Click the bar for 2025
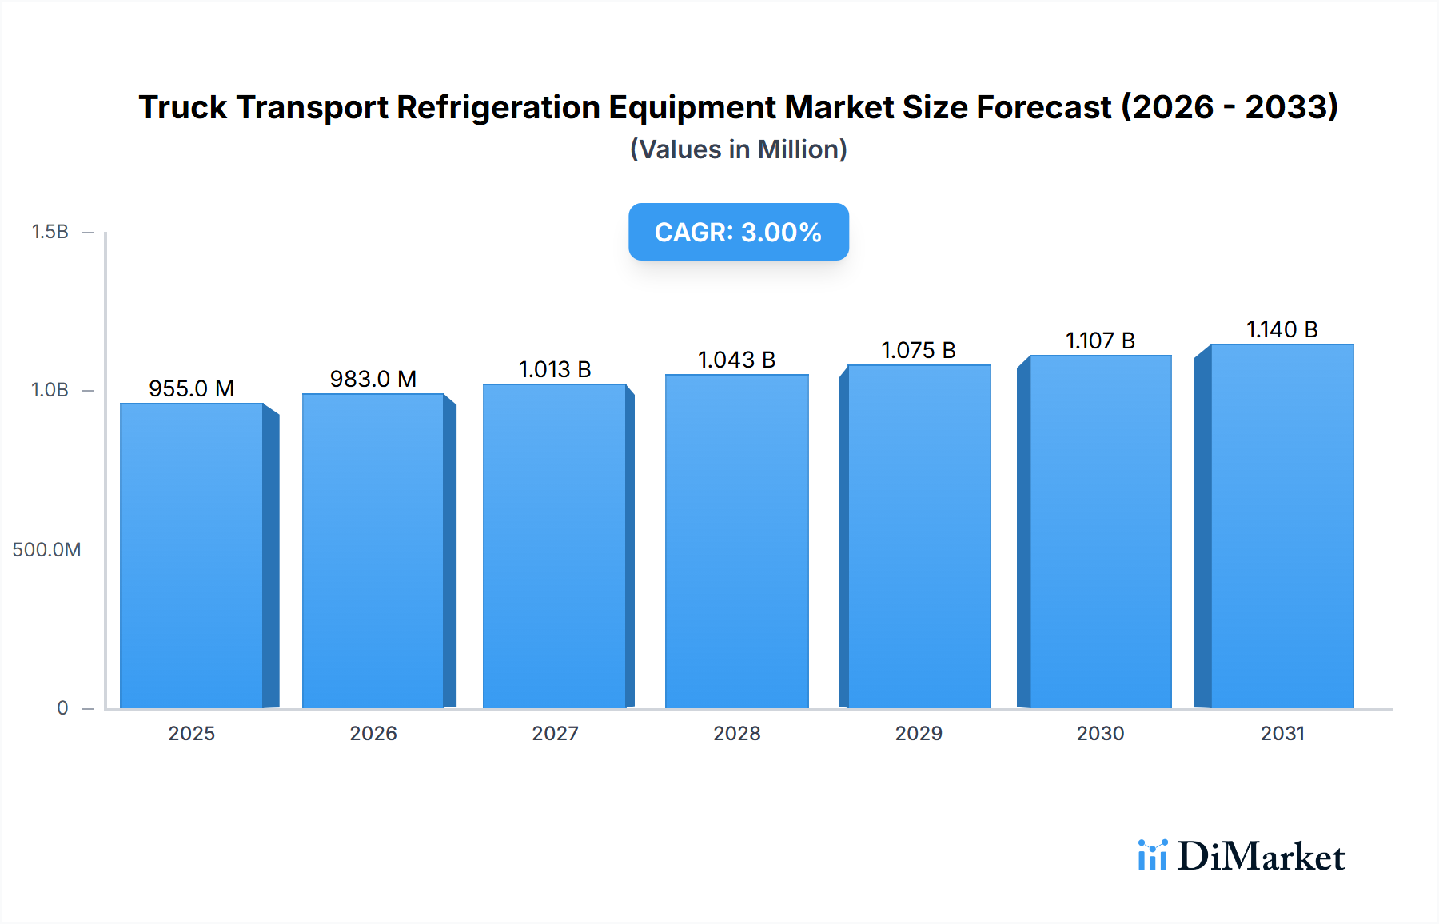[x=192, y=556]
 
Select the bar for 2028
[x=736, y=541]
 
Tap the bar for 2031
[x=1282, y=526]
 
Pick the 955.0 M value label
[x=192, y=388]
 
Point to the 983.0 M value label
[x=373, y=379]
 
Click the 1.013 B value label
[x=555, y=369]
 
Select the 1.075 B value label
[x=919, y=350]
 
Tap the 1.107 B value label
[x=1100, y=341]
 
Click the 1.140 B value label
[x=1282, y=329]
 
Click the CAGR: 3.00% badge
[x=738, y=232]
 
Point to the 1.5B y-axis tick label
[x=50, y=232]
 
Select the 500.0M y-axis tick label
[x=46, y=549]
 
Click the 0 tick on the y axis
[x=62, y=707]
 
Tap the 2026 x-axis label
[x=373, y=733]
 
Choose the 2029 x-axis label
[x=919, y=733]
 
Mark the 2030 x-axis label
[x=1100, y=733]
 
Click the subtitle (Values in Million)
[x=738, y=149]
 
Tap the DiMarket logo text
[x=1260, y=857]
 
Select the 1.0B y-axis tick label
[x=50, y=390]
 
